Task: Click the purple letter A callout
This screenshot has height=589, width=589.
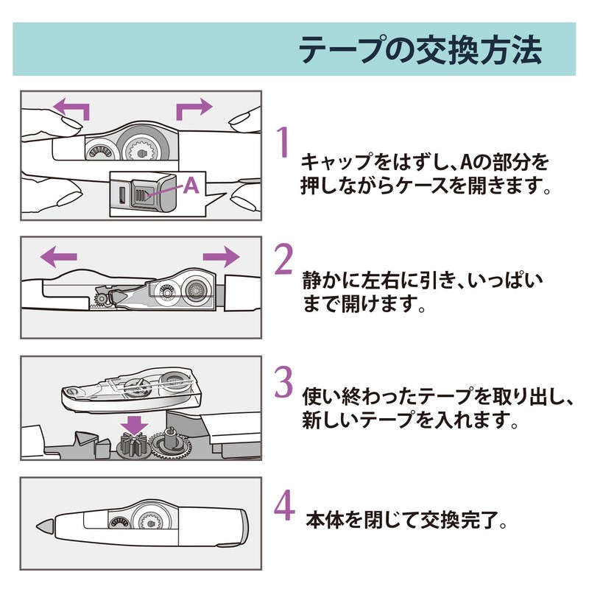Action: pos(191,186)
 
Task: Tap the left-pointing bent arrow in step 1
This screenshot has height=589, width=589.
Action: pos(73,110)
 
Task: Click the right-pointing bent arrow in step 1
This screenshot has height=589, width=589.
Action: pos(194,110)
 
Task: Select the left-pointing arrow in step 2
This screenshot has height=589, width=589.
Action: pos(59,256)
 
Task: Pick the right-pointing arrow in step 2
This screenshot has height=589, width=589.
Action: pos(221,256)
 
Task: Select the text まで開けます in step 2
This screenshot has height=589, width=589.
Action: pos(348,303)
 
